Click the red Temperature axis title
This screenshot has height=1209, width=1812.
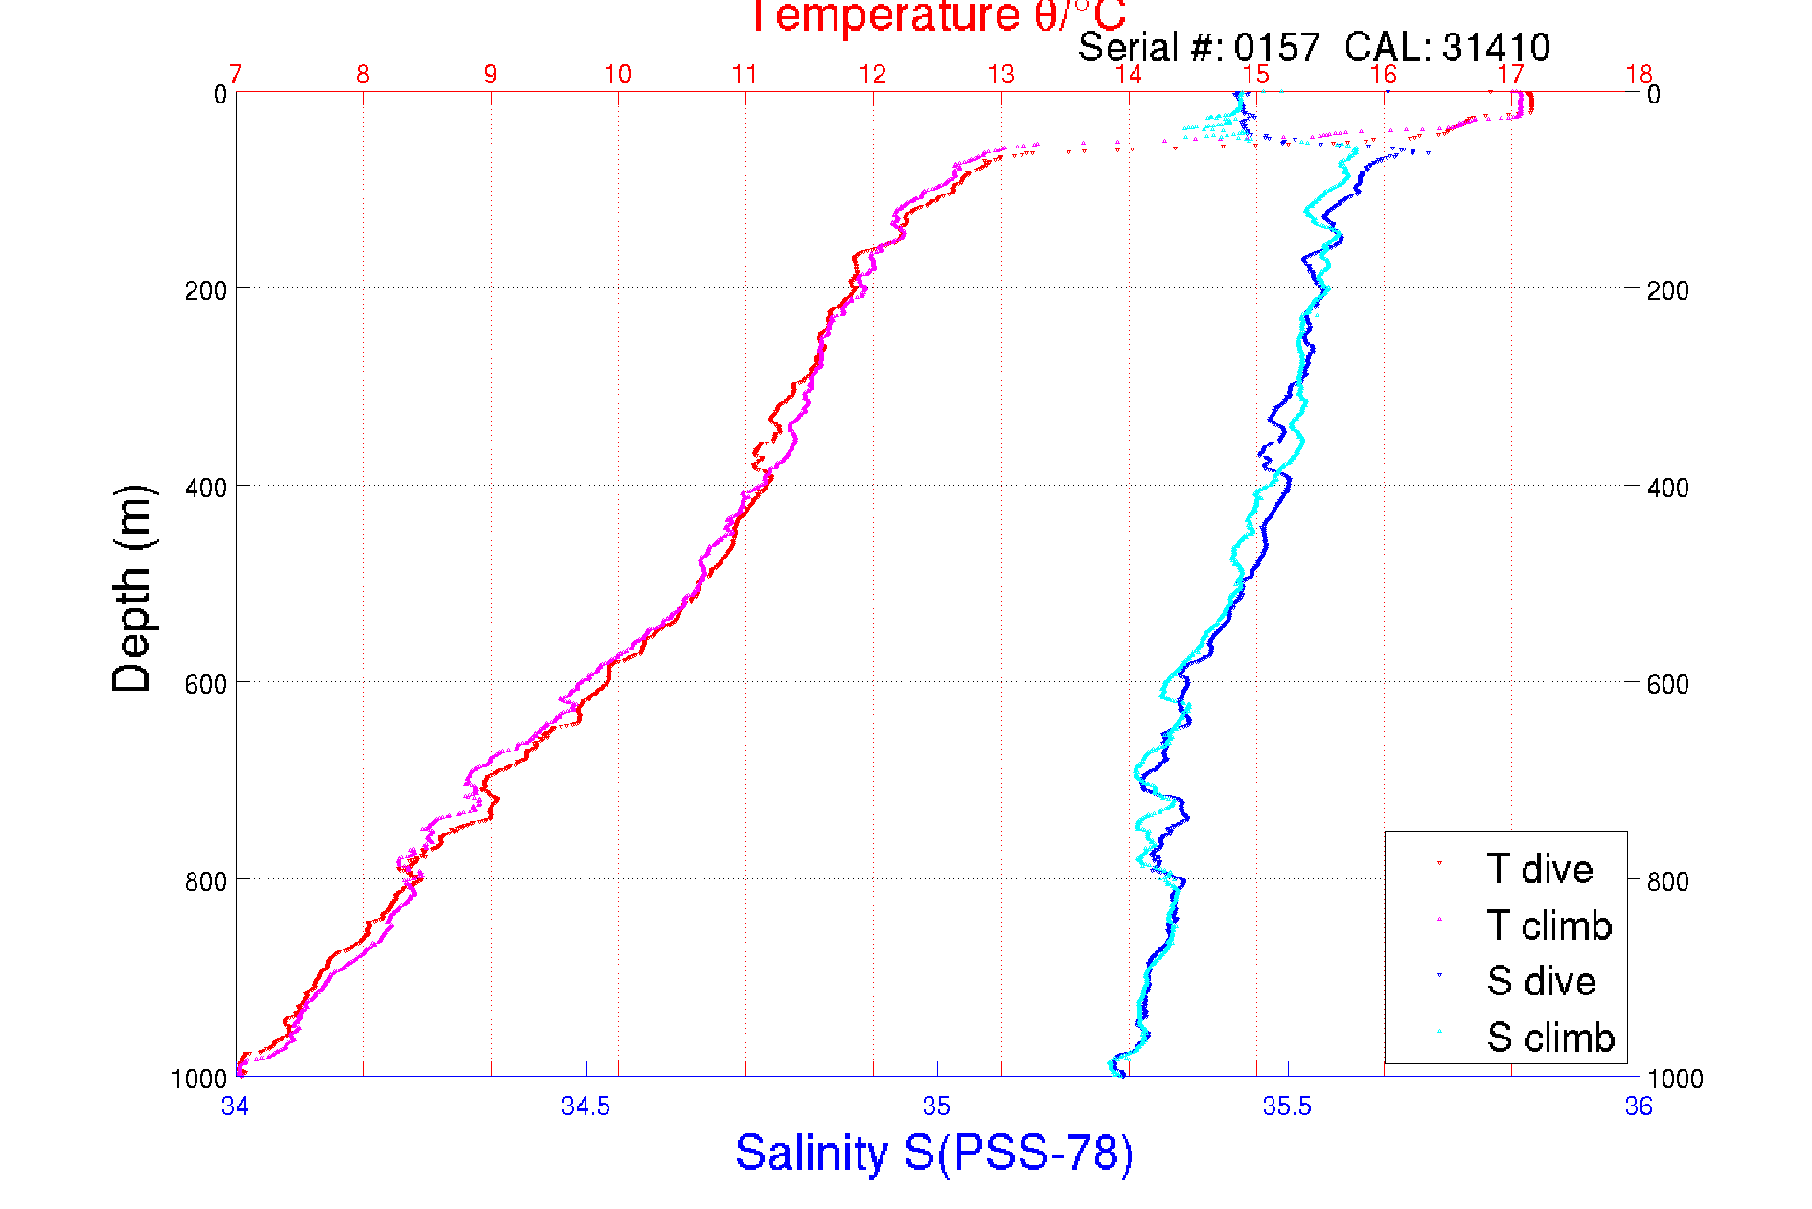[936, 16]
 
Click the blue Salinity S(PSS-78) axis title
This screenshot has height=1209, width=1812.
[934, 1152]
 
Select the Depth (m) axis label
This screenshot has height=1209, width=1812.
[132, 588]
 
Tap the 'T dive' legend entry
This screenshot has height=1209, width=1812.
[1539, 869]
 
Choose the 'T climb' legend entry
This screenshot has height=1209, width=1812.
[1548, 925]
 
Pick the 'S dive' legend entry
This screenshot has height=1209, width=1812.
[1541, 981]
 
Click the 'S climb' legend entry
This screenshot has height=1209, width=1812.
[1550, 1038]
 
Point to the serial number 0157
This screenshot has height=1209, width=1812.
[1276, 47]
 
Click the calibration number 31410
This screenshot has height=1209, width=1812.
[1496, 47]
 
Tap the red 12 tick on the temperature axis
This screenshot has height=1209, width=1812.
[872, 75]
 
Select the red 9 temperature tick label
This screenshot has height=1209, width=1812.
[491, 75]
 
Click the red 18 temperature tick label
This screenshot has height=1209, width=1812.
[1639, 75]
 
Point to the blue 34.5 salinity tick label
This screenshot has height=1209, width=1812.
[585, 1106]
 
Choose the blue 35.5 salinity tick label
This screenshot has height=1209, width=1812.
[1287, 1106]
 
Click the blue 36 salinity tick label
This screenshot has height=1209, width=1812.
[1639, 1106]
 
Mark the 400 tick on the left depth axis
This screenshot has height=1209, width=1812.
[205, 488]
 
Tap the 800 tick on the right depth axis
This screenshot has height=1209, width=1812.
[1668, 881]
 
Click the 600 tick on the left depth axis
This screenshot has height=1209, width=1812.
[205, 684]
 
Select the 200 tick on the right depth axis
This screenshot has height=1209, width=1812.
[1668, 290]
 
